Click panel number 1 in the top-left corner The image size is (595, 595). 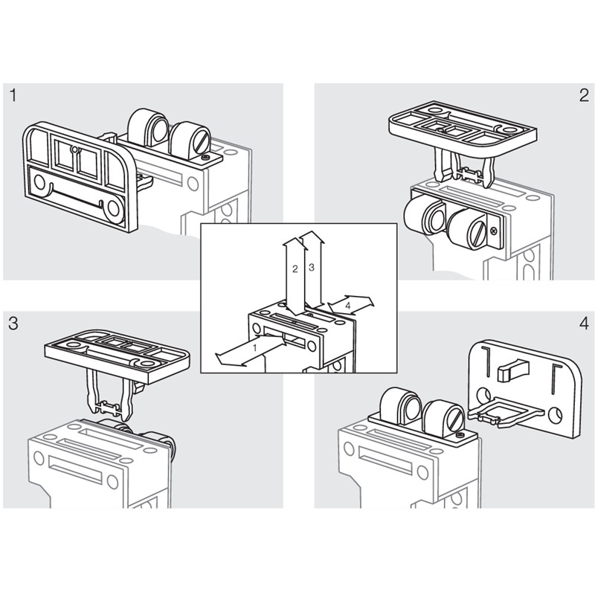click(x=13, y=96)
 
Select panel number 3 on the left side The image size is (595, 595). click(x=13, y=324)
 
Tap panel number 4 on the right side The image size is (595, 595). click(x=583, y=324)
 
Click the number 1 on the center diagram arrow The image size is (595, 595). click(x=255, y=347)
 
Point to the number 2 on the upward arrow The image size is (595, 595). click(x=295, y=269)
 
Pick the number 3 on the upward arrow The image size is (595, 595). click(x=312, y=266)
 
